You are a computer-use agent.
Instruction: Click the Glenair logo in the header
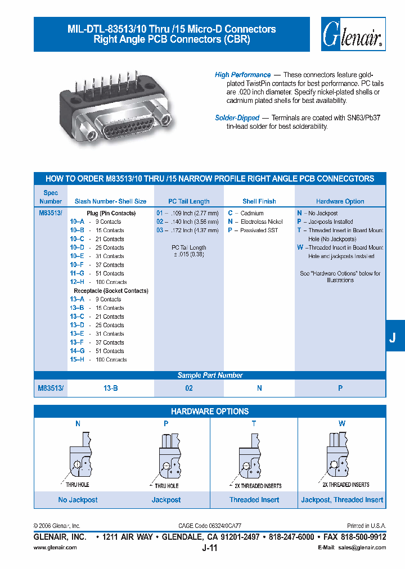click(353, 35)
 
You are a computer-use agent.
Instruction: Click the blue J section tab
click(393, 337)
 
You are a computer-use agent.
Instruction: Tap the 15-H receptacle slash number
click(77, 360)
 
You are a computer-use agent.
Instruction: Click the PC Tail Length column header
click(189, 201)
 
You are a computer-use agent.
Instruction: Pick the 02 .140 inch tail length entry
click(187, 222)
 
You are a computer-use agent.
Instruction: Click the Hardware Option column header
click(340, 201)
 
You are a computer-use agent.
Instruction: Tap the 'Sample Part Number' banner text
click(210, 375)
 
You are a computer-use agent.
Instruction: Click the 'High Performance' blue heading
click(242, 75)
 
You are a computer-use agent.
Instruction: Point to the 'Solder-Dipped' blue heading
click(237, 118)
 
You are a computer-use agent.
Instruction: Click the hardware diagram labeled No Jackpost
click(78, 455)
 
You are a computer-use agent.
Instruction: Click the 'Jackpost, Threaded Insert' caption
click(342, 500)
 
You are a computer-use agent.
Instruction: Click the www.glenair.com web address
click(55, 547)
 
